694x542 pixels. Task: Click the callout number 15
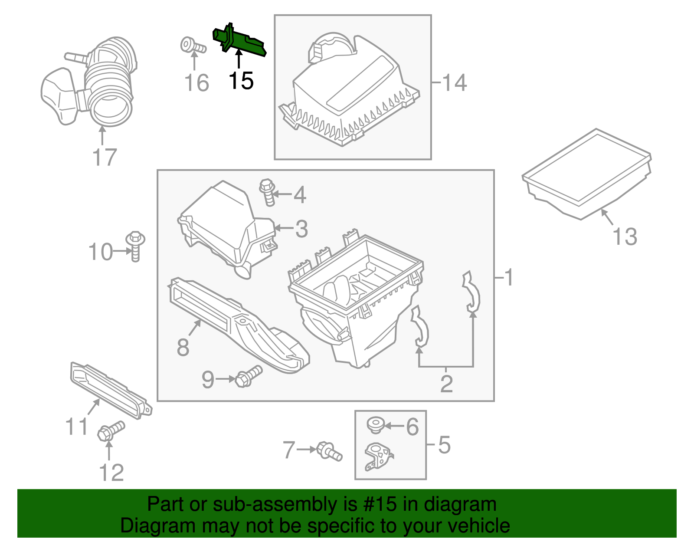[241, 81]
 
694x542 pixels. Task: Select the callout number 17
[105, 157]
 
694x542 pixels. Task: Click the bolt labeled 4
[267, 193]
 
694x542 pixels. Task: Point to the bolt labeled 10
[135, 246]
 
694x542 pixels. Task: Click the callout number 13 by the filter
[625, 237]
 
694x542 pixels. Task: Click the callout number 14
[454, 82]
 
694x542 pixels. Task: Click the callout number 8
[183, 347]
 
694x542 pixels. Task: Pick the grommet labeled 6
[375, 424]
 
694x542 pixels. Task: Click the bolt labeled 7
[329, 451]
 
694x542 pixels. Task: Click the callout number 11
[77, 427]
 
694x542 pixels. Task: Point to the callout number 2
[446, 384]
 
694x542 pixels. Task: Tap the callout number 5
[444, 445]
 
